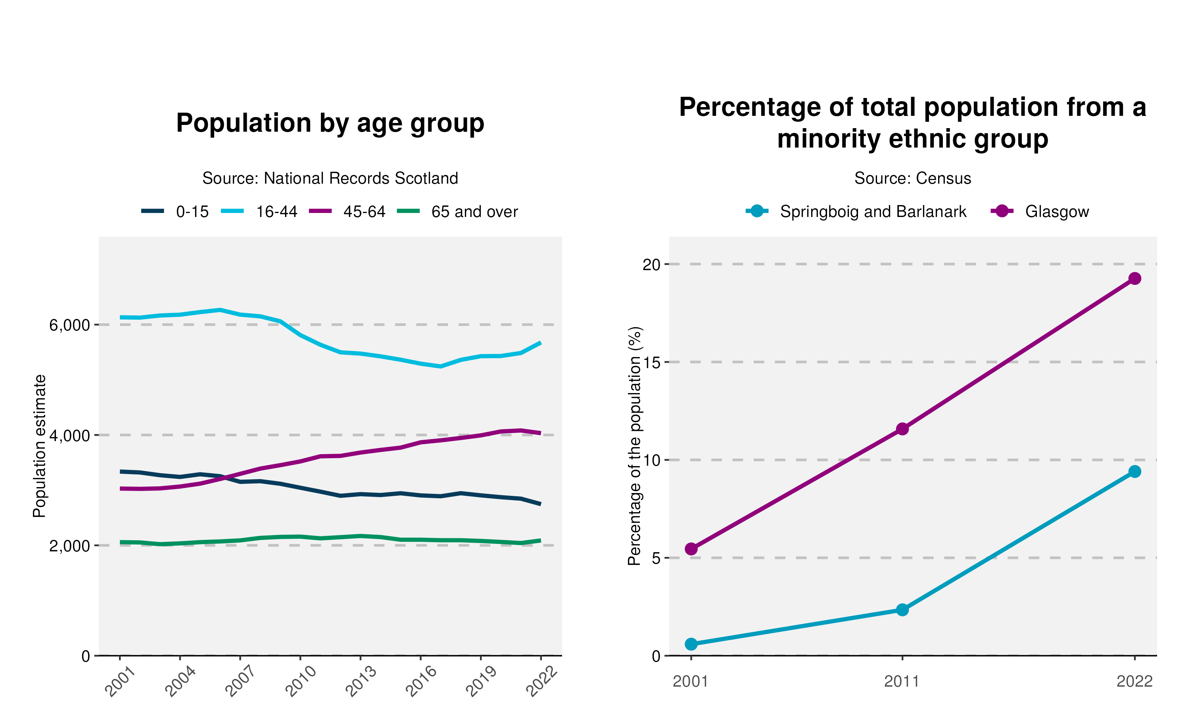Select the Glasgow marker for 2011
coord(902,429)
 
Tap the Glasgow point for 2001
coord(691,549)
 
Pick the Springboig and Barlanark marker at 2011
coord(902,610)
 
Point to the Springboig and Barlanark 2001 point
coord(691,644)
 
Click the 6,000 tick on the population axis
coord(70,325)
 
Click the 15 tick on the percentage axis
coord(652,362)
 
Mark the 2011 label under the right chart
coord(902,681)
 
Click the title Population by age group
coord(330,123)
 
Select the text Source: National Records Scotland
coord(330,178)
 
